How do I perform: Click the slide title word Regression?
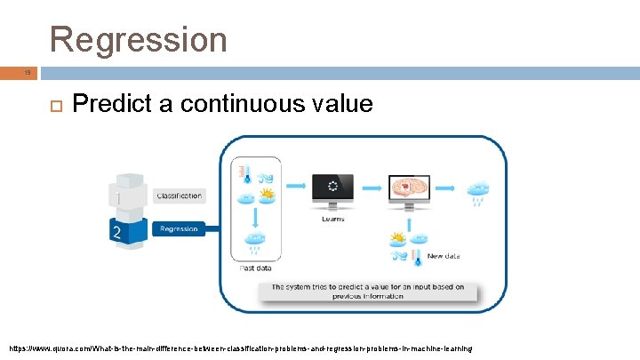(x=139, y=39)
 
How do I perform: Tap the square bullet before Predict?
(x=52, y=105)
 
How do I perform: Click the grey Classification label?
(x=179, y=196)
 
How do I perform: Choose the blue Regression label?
(x=179, y=229)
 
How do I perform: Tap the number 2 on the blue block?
(x=115, y=231)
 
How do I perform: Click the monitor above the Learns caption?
(x=332, y=189)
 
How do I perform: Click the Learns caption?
(x=332, y=218)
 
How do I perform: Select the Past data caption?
(x=256, y=268)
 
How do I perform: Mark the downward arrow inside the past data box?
(x=256, y=218)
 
